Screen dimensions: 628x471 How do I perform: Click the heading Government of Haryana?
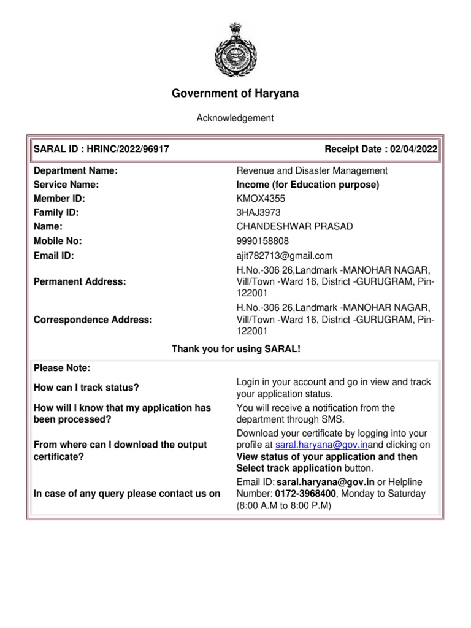point(235,93)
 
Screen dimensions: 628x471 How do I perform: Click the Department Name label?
point(75,170)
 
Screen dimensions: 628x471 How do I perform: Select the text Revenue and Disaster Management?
point(312,170)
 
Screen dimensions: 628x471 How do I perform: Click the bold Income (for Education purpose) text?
point(308,185)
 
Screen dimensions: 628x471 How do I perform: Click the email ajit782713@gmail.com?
point(285,255)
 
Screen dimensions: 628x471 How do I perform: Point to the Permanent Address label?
point(80,281)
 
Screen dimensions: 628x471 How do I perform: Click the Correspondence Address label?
point(93,319)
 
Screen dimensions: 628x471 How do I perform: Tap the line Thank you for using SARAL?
point(235,349)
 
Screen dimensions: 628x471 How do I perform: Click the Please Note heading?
point(62,368)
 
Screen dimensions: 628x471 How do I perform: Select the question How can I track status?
point(86,388)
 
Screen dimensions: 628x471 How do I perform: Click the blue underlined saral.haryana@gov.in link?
point(321,445)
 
